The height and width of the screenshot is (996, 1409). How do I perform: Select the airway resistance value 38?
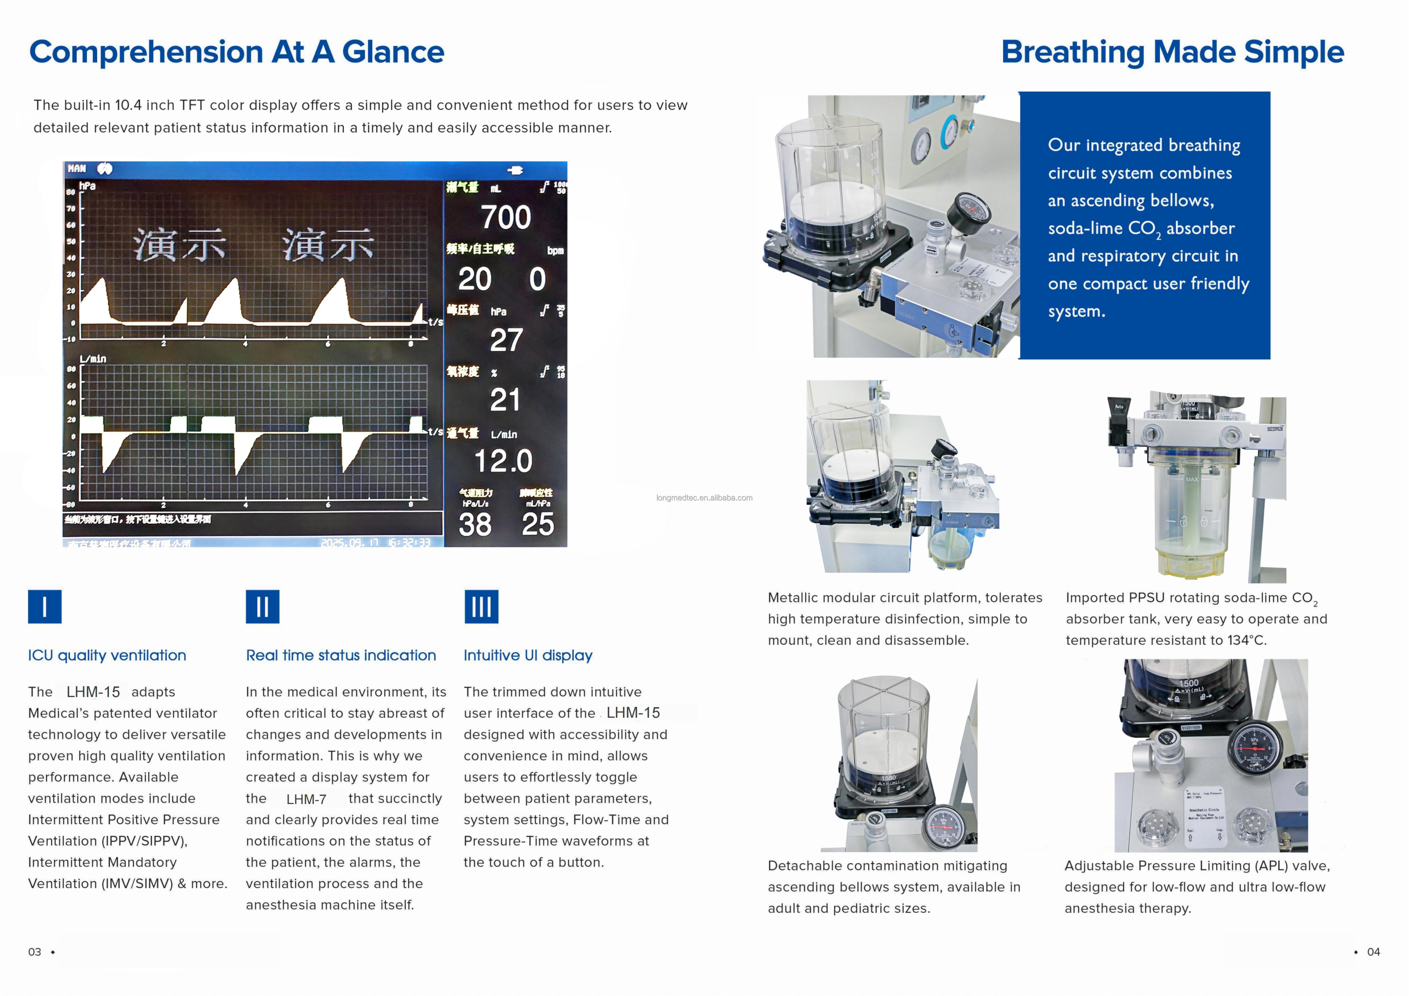click(475, 525)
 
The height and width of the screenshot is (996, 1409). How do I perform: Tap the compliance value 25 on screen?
click(538, 525)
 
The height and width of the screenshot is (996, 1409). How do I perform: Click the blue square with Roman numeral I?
click(45, 607)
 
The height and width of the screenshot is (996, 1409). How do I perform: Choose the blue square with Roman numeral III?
click(481, 607)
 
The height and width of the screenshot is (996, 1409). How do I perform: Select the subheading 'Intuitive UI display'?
click(528, 655)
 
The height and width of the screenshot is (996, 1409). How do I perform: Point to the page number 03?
click(35, 952)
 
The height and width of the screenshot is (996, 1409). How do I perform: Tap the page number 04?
click(1374, 952)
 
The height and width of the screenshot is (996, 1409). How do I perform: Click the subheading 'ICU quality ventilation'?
click(107, 655)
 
